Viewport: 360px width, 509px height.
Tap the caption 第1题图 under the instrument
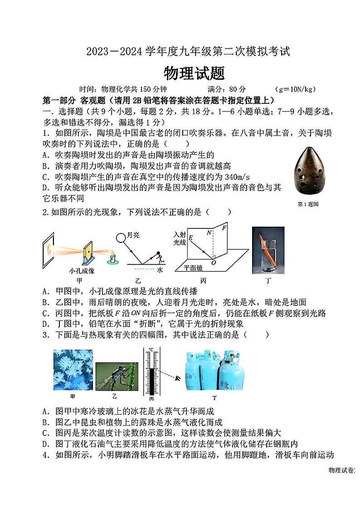308,204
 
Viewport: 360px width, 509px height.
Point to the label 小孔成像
82,271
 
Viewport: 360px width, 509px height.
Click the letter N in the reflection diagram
209,233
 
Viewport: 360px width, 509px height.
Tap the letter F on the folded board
224,228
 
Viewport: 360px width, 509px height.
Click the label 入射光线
180,239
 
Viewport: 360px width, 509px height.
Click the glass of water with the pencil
268,250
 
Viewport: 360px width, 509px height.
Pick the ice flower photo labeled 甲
73,369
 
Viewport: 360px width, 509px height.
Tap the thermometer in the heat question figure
151,372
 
